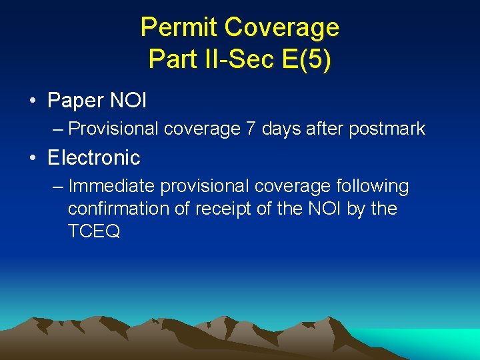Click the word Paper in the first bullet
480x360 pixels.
click(76, 101)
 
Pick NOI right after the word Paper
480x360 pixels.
click(128, 101)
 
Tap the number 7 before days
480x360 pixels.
click(251, 129)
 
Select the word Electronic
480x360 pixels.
click(94, 158)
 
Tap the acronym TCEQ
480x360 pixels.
click(93, 231)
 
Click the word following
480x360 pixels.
click(373, 187)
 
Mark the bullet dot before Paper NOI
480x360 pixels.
click(32, 101)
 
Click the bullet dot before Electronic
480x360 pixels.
click(32, 159)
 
